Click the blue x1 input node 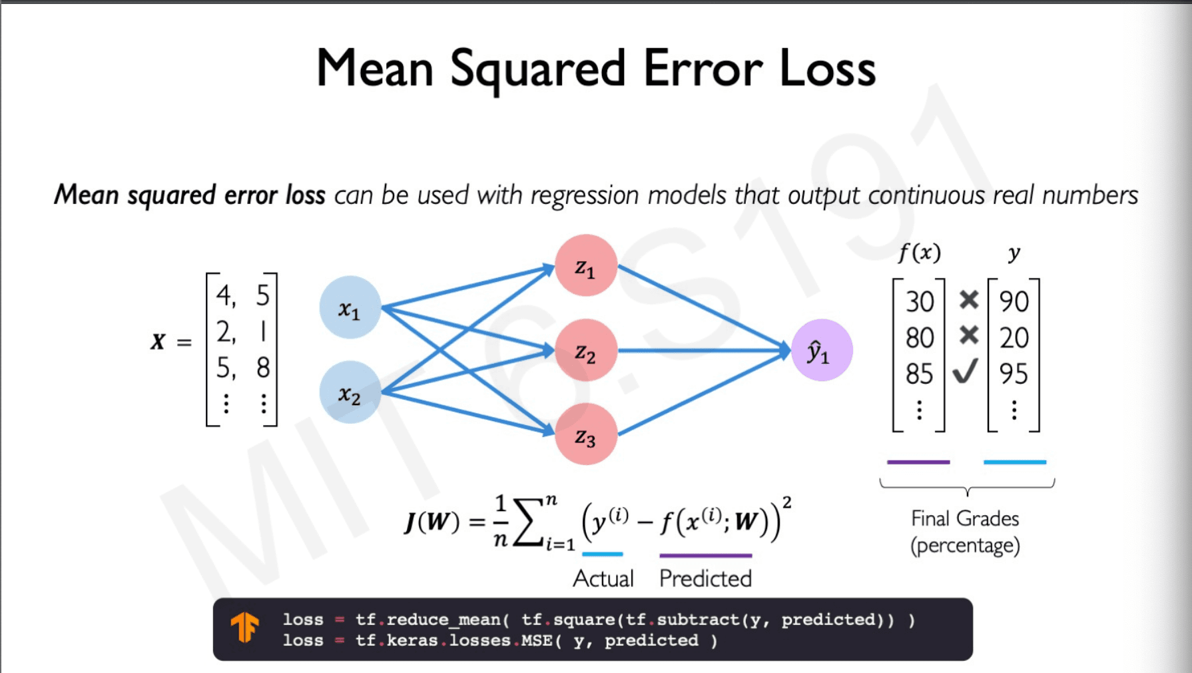tap(350, 308)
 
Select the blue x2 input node tap(350, 392)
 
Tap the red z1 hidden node tap(585, 266)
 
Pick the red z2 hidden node tap(585, 350)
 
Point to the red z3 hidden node tap(585, 434)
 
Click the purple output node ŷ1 tap(821, 350)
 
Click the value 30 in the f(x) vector tap(920, 302)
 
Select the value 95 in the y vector tap(1014, 374)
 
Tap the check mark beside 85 tap(966, 371)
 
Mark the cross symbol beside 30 tap(969, 300)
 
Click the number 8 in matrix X tap(263, 368)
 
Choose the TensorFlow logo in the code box tap(245, 628)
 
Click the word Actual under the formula tap(603, 578)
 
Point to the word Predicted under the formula tap(705, 578)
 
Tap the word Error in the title tap(703, 69)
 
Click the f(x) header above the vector tap(920, 253)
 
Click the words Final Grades tap(965, 518)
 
